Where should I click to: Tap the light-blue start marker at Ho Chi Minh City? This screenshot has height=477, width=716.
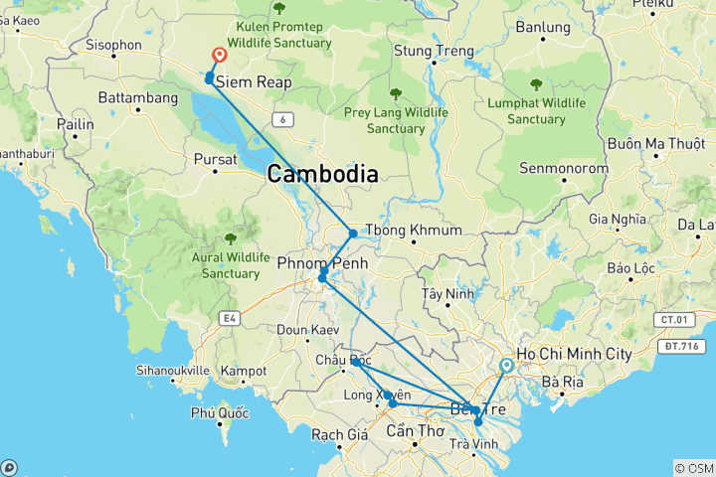(x=506, y=366)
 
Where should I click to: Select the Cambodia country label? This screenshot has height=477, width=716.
(x=322, y=175)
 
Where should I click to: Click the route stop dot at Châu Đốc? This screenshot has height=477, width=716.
(x=355, y=363)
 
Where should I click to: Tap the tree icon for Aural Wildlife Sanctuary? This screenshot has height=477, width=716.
(x=231, y=238)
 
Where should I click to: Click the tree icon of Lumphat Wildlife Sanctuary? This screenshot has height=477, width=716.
(x=536, y=84)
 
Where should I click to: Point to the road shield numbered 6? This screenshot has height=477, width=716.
(x=284, y=119)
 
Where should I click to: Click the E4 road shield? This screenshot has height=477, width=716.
(x=230, y=318)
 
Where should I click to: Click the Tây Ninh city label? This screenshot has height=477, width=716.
(x=445, y=294)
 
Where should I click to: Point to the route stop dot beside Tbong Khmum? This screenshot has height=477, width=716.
(x=353, y=234)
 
